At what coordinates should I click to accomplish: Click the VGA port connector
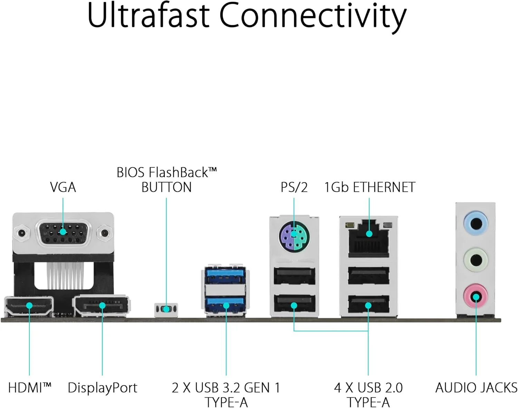coord(63,232)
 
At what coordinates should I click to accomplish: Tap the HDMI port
coord(29,306)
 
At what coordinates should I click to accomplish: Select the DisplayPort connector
coord(102,306)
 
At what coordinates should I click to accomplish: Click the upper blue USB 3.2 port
coord(225,275)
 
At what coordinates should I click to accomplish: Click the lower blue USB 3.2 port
coord(225,305)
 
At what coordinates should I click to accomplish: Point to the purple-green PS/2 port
coord(294,237)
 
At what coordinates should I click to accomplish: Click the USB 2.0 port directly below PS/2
coord(294,276)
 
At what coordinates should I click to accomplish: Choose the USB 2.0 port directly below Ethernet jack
coord(368,276)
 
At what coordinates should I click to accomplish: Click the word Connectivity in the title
coord(313,16)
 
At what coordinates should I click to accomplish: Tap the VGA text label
coord(63,187)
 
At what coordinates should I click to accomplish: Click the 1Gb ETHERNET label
coord(370,187)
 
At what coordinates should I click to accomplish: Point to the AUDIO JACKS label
coord(476,388)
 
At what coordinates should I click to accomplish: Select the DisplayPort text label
coord(103,388)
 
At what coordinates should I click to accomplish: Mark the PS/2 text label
coord(294,187)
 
